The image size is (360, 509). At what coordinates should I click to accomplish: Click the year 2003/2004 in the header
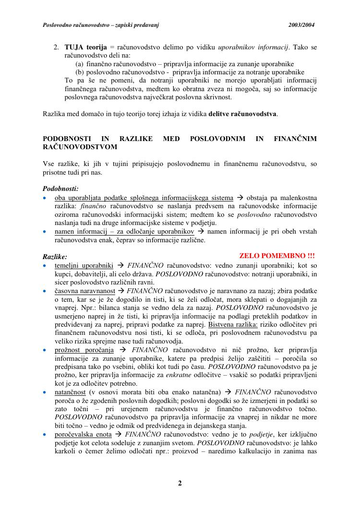click(x=301, y=25)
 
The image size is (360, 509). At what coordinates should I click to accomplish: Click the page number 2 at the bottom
click(x=180, y=483)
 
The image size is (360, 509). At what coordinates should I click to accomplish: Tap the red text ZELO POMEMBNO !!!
click(x=277, y=256)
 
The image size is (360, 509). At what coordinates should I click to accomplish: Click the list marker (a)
click(x=80, y=64)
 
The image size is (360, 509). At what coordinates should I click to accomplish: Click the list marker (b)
click(x=80, y=72)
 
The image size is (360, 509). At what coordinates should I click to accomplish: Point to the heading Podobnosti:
click(x=60, y=189)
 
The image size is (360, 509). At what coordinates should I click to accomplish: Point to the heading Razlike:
click(x=55, y=257)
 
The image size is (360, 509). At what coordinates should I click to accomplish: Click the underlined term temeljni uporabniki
click(x=84, y=265)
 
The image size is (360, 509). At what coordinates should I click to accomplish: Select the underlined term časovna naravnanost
click(x=85, y=291)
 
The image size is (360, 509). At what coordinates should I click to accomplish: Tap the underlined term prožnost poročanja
click(x=84, y=350)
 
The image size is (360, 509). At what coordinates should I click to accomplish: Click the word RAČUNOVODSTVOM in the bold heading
click(x=80, y=147)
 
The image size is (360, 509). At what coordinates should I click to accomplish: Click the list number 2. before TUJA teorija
click(x=56, y=47)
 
